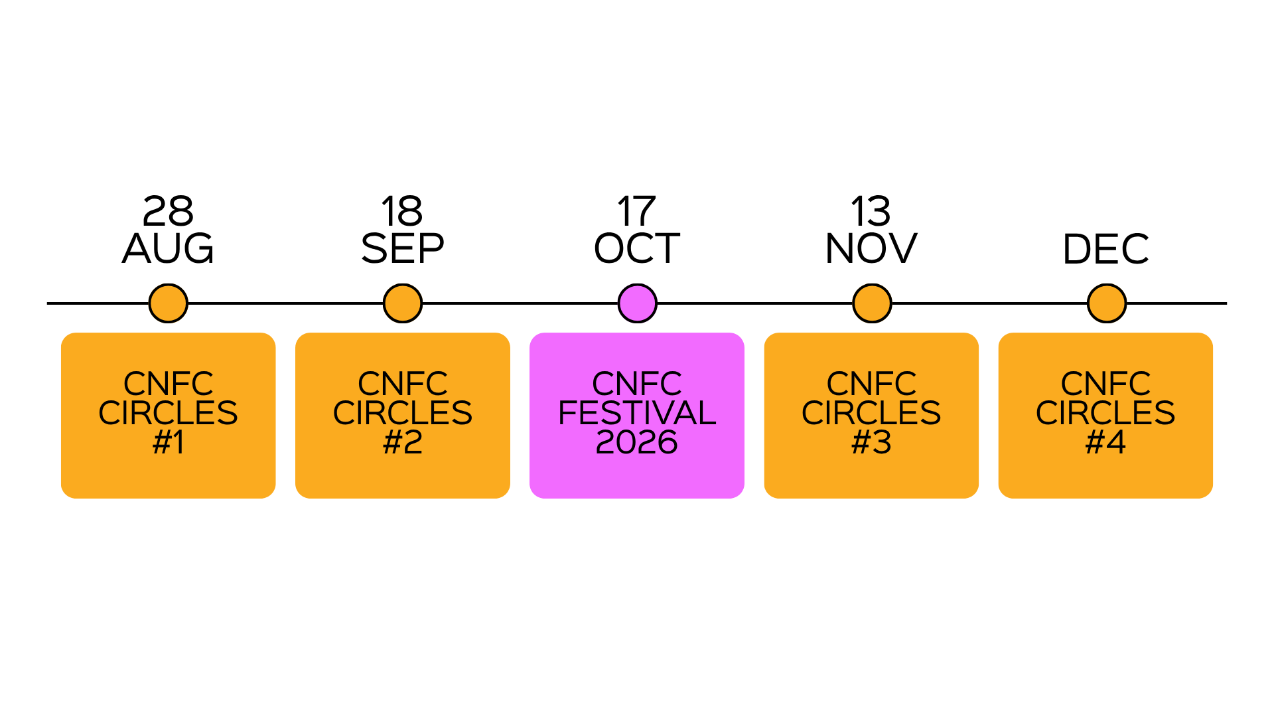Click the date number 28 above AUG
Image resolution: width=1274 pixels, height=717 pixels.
coord(168,212)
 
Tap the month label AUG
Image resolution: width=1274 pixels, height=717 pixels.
coord(168,248)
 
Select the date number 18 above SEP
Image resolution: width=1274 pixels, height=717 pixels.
coord(402,212)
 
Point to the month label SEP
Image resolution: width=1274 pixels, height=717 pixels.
coord(402,248)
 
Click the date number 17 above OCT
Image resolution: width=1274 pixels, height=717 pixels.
coord(636,212)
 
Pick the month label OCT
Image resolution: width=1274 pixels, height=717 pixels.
coord(637,248)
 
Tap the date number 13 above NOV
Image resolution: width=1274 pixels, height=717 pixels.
coord(871,212)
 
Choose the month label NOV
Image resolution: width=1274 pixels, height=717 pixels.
coord(871,248)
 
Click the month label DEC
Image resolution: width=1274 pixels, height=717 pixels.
coord(1105,249)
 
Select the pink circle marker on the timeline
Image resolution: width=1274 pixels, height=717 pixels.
coord(637,303)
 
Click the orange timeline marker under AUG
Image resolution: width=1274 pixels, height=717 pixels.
coord(168,303)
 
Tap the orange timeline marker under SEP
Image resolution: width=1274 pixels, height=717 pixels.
coord(403,303)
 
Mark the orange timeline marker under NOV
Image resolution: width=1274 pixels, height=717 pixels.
coord(872,303)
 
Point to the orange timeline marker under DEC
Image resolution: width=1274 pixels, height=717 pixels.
coord(1107,303)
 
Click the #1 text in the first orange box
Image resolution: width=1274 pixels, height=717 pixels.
coord(168,442)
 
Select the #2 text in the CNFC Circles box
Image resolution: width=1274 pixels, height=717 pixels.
coord(403,442)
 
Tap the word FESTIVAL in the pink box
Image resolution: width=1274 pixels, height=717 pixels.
coord(637,413)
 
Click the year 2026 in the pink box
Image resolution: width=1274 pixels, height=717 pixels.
coord(637,442)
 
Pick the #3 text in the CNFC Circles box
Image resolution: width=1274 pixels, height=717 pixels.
coord(871,442)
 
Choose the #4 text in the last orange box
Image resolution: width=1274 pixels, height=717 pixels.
coord(1105,442)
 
